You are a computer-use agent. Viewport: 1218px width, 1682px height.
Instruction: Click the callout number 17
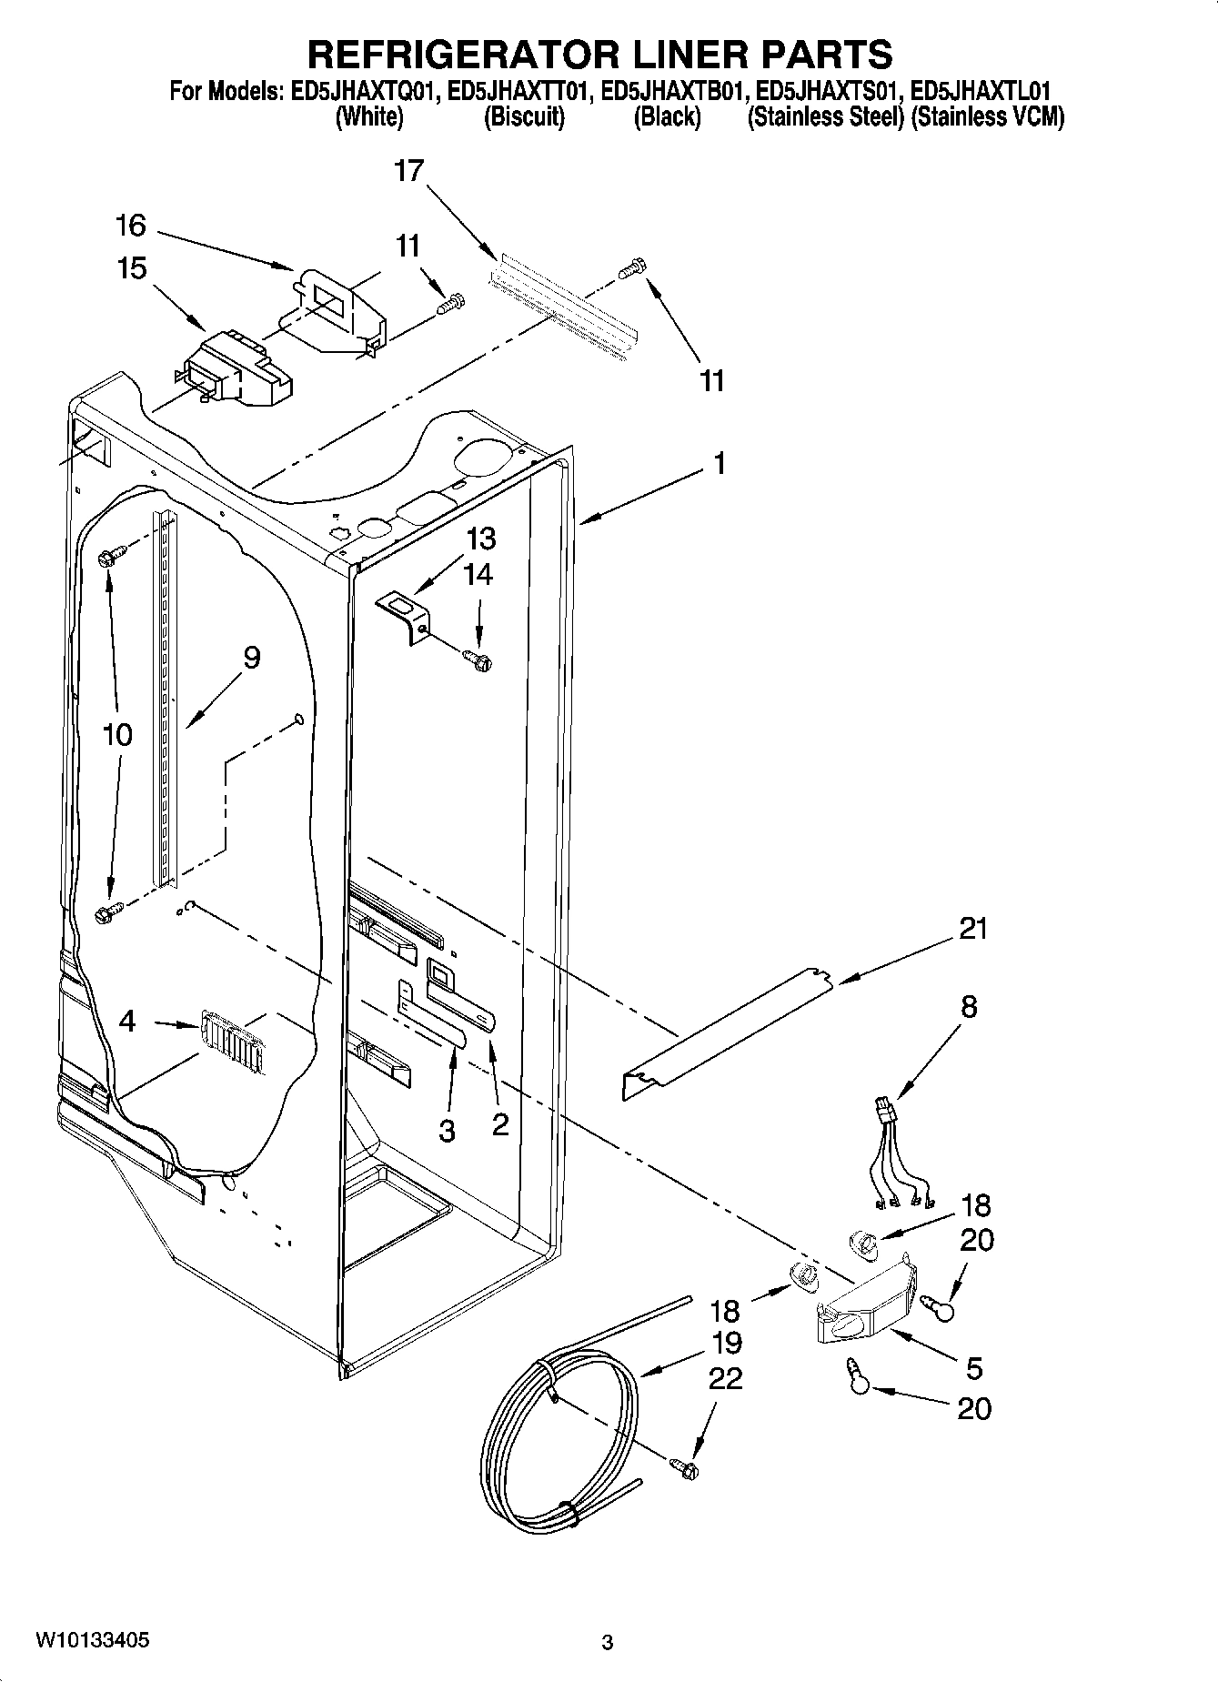click(409, 170)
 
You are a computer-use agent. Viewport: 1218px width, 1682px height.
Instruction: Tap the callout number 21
click(972, 929)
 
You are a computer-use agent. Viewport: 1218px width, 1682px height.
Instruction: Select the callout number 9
click(252, 657)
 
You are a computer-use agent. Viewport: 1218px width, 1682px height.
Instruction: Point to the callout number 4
click(127, 1022)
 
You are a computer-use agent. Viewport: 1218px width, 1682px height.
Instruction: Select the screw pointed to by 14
click(477, 657)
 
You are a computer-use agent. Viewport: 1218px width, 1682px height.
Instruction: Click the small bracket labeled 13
click(406, 615)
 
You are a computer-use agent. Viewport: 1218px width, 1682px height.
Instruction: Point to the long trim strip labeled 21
click(728, 1029)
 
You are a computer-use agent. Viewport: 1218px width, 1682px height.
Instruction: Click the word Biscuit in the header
click(524, 117)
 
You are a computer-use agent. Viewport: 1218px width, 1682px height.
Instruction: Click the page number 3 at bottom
click(608, 1643)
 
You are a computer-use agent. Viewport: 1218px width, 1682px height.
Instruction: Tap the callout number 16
click(131, 225)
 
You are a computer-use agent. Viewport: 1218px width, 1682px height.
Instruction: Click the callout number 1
click(719, 464)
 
